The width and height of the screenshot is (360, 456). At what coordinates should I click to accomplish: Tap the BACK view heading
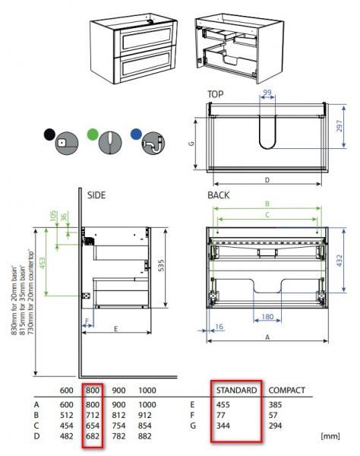219,195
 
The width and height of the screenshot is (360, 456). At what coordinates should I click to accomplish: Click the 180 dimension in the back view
266,316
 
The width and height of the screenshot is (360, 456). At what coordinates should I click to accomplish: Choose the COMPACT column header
286,391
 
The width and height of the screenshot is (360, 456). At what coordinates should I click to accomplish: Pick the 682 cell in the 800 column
93,437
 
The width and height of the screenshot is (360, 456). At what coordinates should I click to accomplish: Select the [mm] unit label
330,437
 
